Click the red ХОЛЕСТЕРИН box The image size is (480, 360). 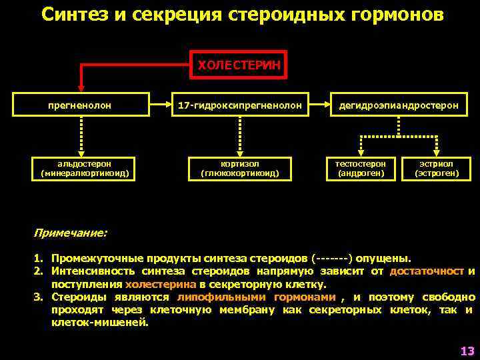click(x=239, y=65)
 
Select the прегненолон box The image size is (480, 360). click(x=80, y=105)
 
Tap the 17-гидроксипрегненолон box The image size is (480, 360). click(x=239, y=105)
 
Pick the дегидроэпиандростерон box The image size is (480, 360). click(x=399, y=105)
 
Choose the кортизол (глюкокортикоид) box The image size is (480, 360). click(x=239, y=169)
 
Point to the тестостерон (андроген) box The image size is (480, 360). click(x=361, y=169)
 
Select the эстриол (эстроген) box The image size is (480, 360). click(x=437, y=169)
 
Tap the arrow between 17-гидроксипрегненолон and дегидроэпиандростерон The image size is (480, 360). click(x=319, y=105)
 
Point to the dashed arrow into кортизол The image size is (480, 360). click(x=239, y=136)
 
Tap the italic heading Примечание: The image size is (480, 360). click(x=70, y=234)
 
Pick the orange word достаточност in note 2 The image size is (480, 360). click(x=427, y=271)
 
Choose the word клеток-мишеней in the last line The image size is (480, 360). click(x=100, y=323)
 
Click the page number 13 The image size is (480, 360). click(x=466, y=350)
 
